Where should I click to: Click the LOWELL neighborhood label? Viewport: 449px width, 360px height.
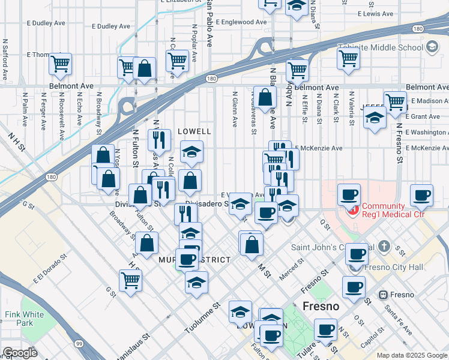(x=194, y=131)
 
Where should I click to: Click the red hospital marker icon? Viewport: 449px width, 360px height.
(x=354, y=211)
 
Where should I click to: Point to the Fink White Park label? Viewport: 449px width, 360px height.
(x=24, y=318)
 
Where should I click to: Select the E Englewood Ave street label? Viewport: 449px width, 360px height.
(x=240, y=22)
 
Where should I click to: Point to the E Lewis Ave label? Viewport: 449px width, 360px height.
(x=375, y=13)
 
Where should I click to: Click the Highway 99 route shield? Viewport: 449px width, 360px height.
(x=79, y=343)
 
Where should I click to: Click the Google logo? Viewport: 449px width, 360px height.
(x=20, y=353)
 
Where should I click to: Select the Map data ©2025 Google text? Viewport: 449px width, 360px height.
(x=411, y=355)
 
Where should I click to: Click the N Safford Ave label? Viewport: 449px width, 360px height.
(x=5, y=60)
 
